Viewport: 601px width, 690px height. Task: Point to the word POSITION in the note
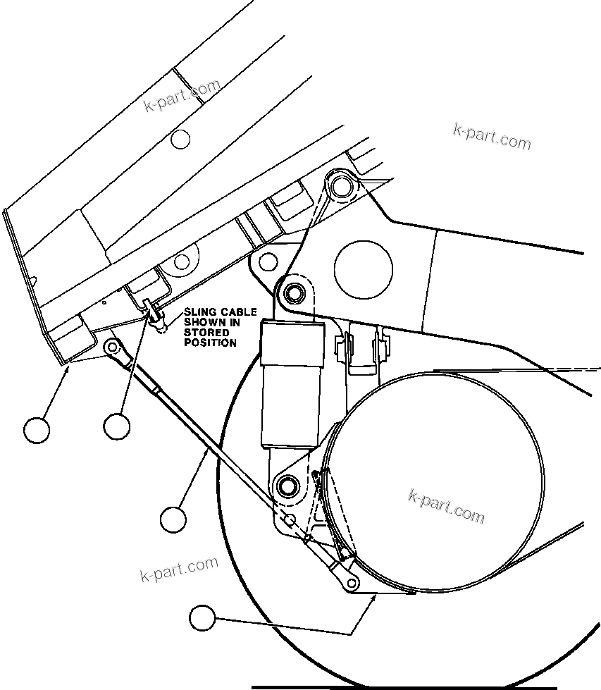pyautogui.click(x=210, y=343)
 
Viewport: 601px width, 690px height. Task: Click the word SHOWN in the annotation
pyautogui.click(x=203, y=322)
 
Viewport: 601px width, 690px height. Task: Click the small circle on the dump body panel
pyautogui.click(x=181, y=139)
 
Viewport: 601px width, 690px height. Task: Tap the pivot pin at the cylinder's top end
pyautogui.click(x=292, y=291)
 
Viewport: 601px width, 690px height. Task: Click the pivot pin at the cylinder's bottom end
pyautogui.click(x=287, y=485)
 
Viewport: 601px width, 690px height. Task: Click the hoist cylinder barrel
pyautogui.click(x=292, y=384)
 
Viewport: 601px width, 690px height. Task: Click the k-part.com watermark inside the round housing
pyautogui.click(x=447, y=506)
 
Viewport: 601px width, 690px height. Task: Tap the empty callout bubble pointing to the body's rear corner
pyautogui.click(x=36, y=429)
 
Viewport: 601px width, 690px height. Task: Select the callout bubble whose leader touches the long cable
pyautogui.click(x=173, y=519)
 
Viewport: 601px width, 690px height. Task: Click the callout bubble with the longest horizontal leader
pyautogui.click(x=203, y=618)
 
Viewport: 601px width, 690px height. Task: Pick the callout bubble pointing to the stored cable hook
pyautogui.click(x=117, y=426)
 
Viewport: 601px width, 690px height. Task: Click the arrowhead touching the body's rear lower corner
pyautogui.click(x=68, y=364)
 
